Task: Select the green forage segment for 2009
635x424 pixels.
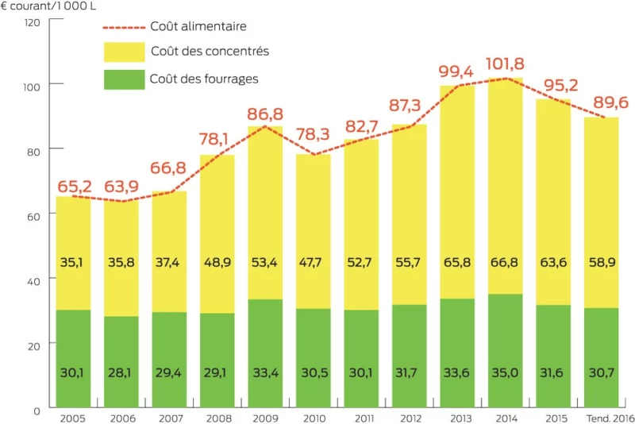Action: [266, 353]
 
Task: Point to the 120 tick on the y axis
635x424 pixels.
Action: [33, 21]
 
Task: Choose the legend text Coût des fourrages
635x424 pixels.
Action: [204, 79]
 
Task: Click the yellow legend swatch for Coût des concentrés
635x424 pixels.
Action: [124, 52]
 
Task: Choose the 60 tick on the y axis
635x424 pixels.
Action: [35, 214]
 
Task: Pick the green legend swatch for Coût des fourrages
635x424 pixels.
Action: [124, 79]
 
